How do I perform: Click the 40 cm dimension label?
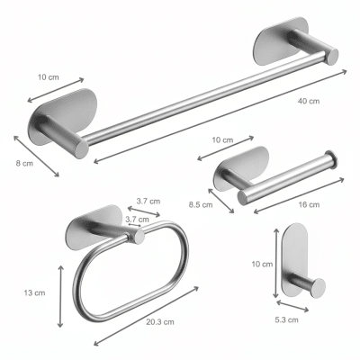pyautogui.click(x=309, y=101)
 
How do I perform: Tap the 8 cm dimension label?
pyautogui.click(x=24, y=164)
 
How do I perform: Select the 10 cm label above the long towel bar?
pyautogui.click(x=49, y=77)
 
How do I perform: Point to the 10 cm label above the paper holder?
pyautogui.click(x=222, y=139)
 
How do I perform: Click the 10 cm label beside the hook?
pyautogui.click(x=262, y=265)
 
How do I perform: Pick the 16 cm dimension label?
pyautogui.click(x=309, y=204)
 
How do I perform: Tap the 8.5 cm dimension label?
pyautogui.click(x=201, y=205)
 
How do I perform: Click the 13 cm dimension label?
pyautogui.click(x=34, y=292)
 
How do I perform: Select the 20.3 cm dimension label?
pyautogui.click(x=160, y=322)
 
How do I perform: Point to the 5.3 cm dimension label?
pyautogui.click(x=287, y=320)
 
